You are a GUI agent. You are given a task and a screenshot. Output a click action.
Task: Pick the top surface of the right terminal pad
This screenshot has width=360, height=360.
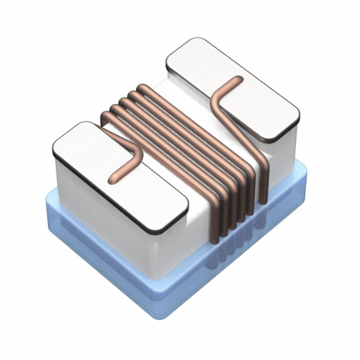tap(247, 96)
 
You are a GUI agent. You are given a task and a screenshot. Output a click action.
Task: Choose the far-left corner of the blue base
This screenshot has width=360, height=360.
tap(47, 194)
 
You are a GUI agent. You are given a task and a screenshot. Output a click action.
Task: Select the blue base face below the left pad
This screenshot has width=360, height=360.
tap(101, 247)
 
